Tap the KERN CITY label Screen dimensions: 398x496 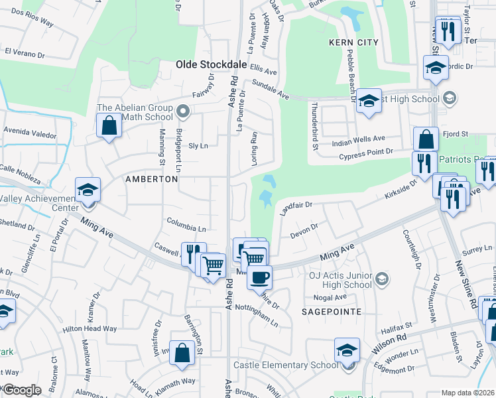point(353,42)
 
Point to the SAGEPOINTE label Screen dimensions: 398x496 point(333,311)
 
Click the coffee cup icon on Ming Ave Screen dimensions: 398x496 point(259,276)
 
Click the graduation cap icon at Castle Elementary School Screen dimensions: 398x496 point(347,350)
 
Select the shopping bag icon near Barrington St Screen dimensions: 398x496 point(182,355)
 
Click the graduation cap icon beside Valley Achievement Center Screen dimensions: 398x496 point(87,190)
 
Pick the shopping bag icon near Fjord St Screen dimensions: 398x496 point(426,139)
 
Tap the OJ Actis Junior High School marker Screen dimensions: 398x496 point(381,280)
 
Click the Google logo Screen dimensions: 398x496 point(21,390)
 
